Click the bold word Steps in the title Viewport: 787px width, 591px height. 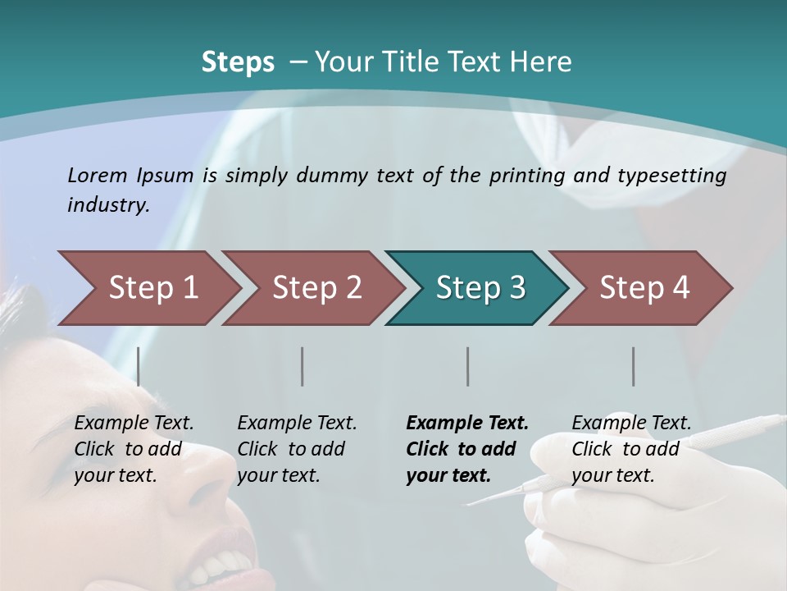(238, 62)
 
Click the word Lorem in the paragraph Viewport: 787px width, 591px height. (97, 175)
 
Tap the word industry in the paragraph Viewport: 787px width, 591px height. (108, 204)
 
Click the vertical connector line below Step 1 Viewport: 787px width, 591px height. (139, 366)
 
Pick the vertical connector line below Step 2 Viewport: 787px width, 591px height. (303, 366)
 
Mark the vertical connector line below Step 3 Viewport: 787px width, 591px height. (468, 366)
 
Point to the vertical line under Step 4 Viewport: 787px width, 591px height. (634, 366)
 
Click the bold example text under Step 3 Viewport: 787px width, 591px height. (466, 449)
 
